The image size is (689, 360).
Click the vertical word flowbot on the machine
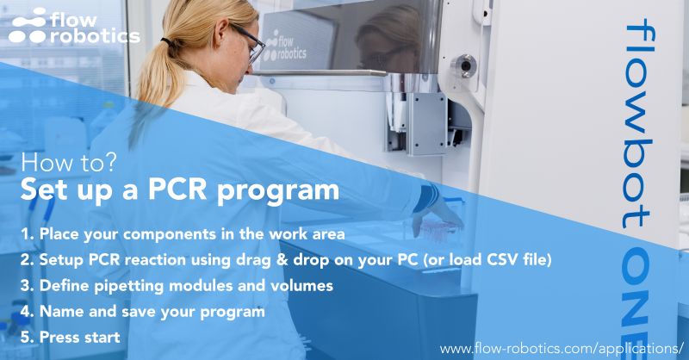tap(641, 121)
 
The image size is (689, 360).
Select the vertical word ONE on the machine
tap(641, 285)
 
